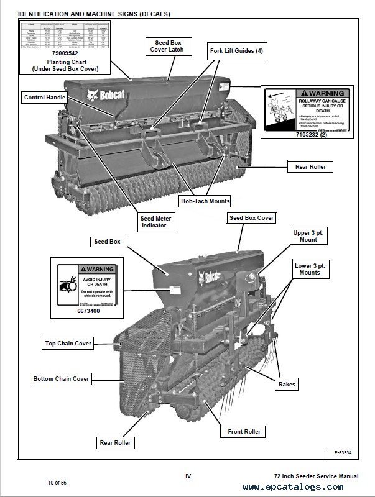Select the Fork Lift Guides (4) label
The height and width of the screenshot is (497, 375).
point(237,51)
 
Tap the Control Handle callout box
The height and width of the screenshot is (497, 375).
point(45,98)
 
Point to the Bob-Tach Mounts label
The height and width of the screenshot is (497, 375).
point(205,201)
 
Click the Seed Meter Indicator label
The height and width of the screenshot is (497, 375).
point(157,222)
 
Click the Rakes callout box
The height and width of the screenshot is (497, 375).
point(288,385)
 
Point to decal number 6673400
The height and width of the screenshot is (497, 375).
point(86,310)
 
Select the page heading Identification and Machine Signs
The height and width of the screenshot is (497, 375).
point(91,14)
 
